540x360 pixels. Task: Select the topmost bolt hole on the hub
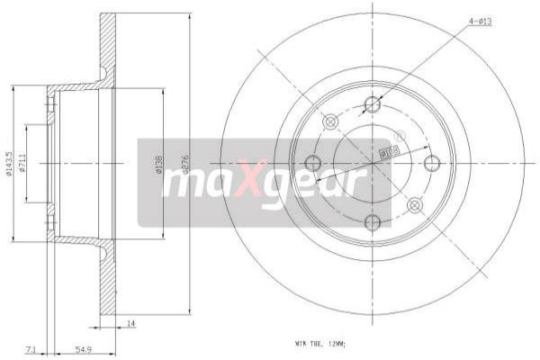pos(373,103)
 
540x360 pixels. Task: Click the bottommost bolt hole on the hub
pos(373,222)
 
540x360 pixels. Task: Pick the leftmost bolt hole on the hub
pos(313,163)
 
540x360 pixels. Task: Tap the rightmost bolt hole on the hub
pos(432,163)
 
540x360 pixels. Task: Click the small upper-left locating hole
pos(329,121)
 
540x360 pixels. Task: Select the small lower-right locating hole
pos(414,206)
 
